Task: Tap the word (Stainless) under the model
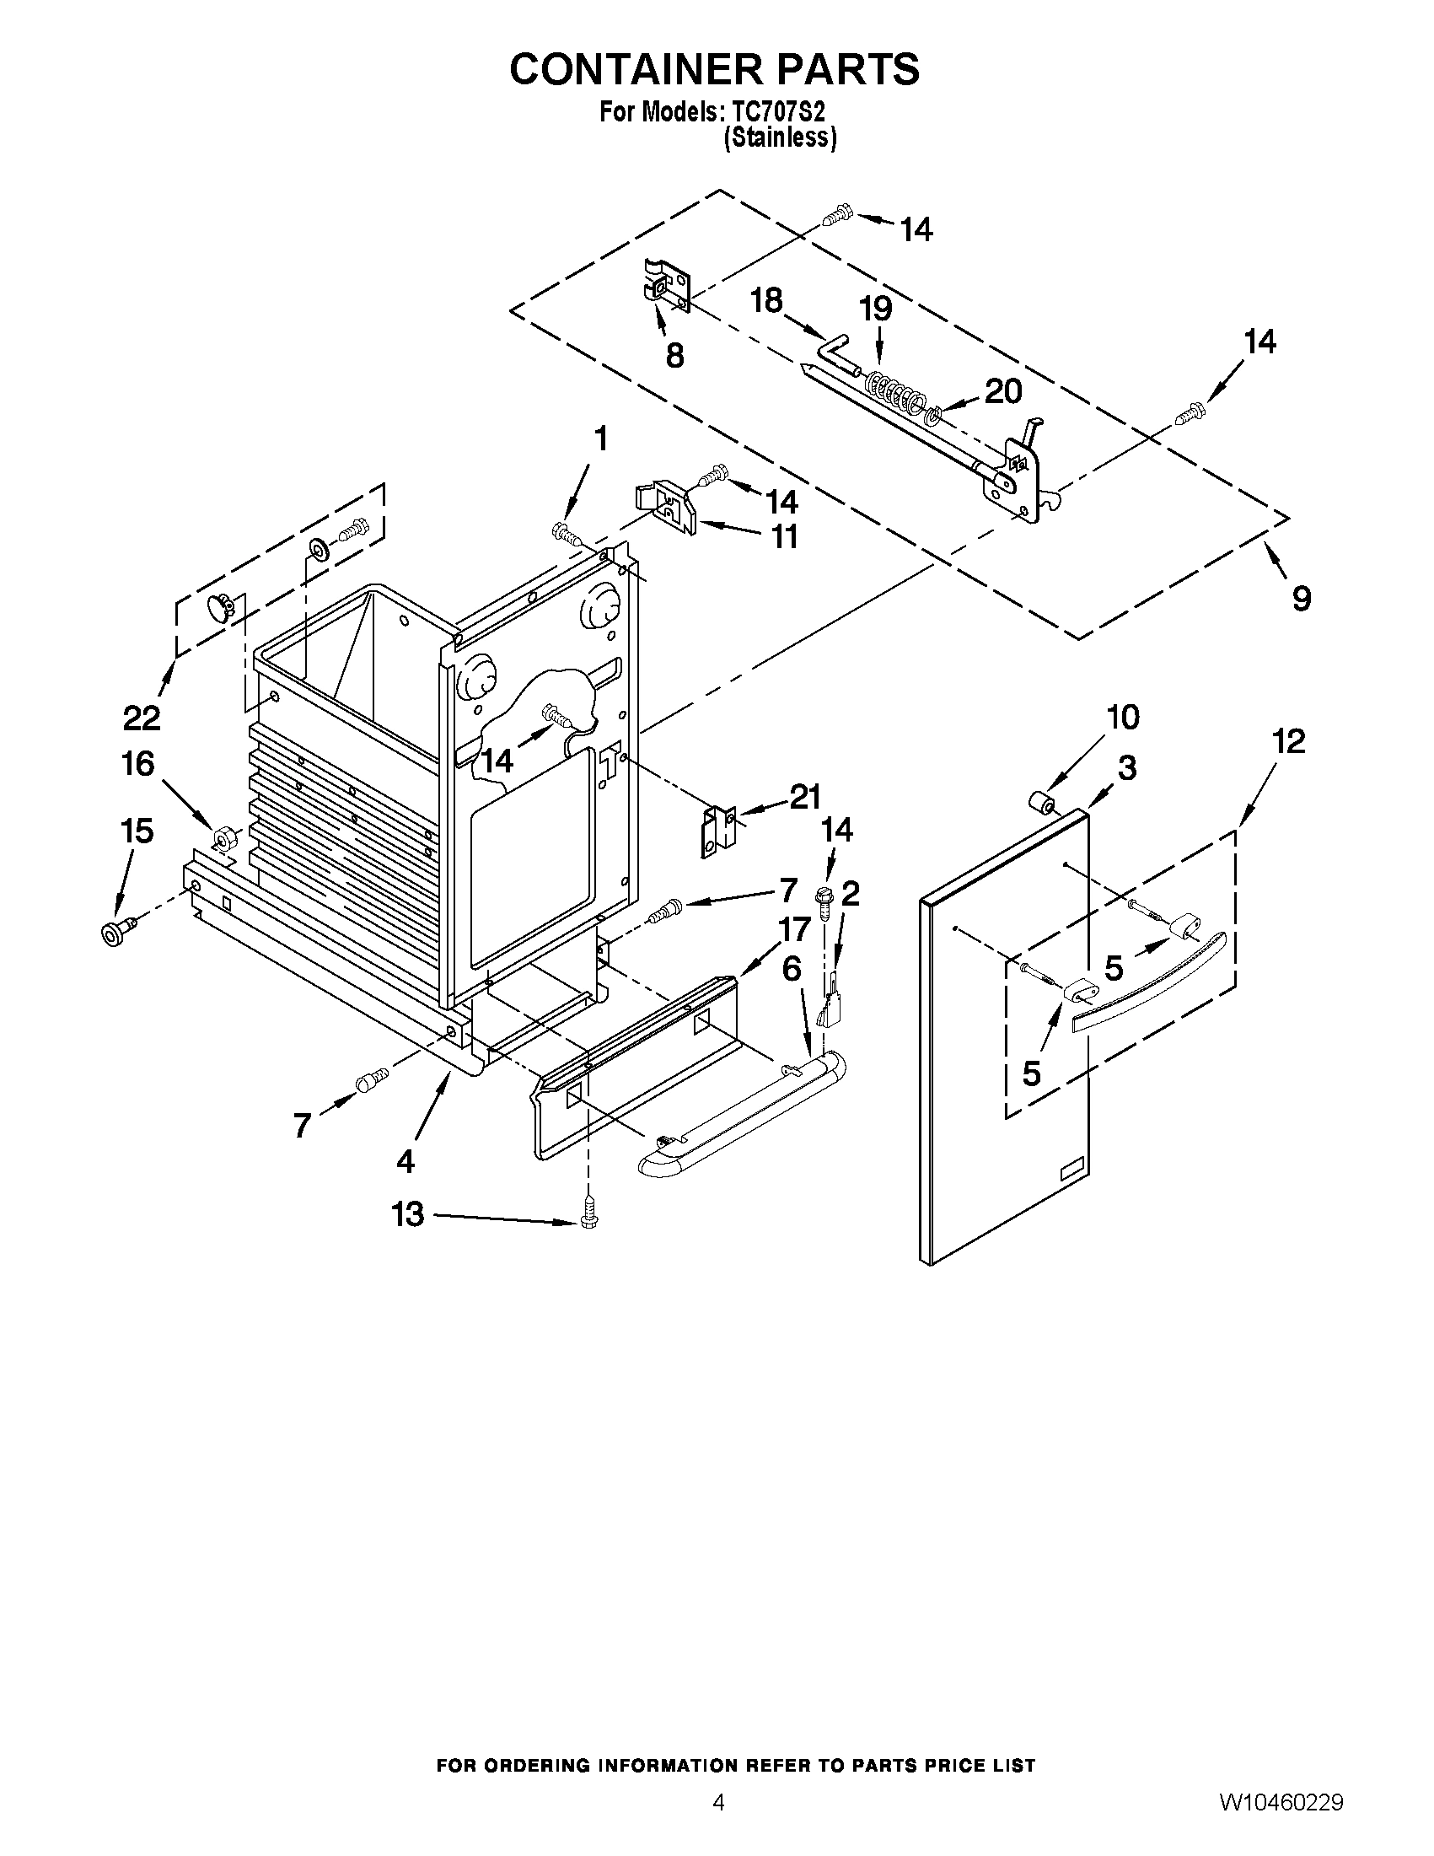pyautogui.click(x=780, y=138)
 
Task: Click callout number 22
pyautogui.click(x=142, y=718)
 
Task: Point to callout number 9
pyautogui.click(x=1302, y=598)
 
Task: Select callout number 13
pyautogui.click(x=408, y=1214)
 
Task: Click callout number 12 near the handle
pyautogui.click(x=1288, y=741)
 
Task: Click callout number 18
pyautogui.click(x=766, y=300)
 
